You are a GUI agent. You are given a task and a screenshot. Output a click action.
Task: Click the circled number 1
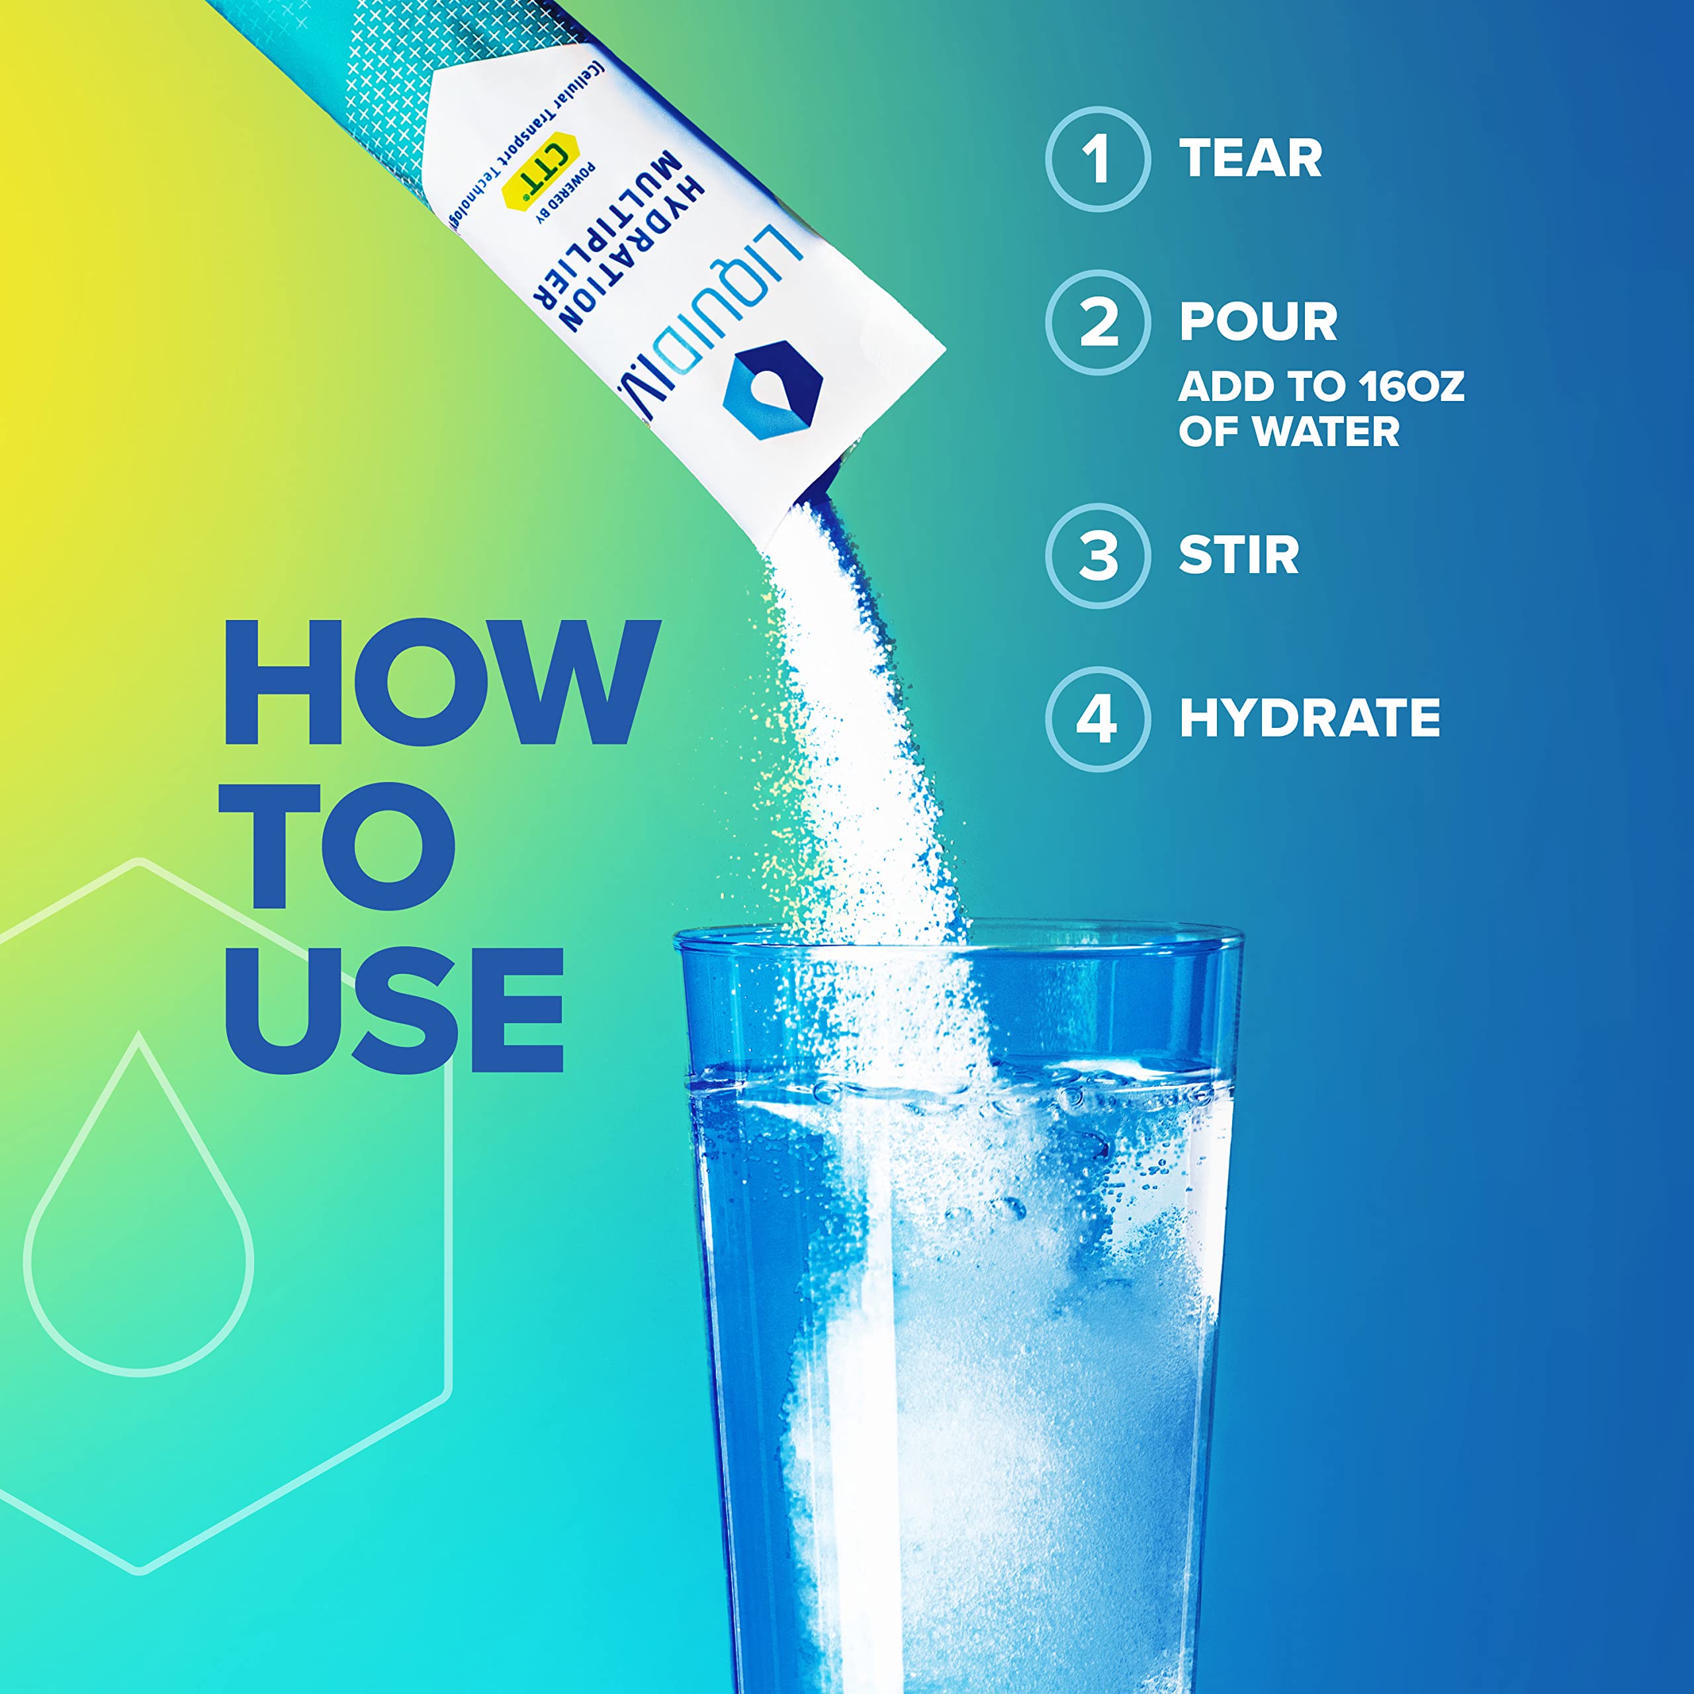[1097, 159]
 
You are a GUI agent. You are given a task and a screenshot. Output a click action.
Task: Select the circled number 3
[1097, 555]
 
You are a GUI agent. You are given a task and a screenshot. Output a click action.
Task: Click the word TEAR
[1251, 159]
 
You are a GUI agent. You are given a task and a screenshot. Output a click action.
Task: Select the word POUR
[1258, 322]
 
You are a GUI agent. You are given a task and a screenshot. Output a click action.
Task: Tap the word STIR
[1238, 555]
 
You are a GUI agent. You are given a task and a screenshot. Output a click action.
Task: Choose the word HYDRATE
[1309, 718]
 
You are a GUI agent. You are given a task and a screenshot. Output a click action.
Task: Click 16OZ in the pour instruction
[1411, 386]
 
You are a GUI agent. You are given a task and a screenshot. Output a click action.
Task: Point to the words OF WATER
[1288, 431]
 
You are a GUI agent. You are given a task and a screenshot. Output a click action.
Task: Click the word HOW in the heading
[441, 683]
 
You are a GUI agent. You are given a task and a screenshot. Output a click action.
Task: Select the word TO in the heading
[337, 847]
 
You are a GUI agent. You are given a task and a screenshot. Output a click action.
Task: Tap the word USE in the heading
[394, 1010]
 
